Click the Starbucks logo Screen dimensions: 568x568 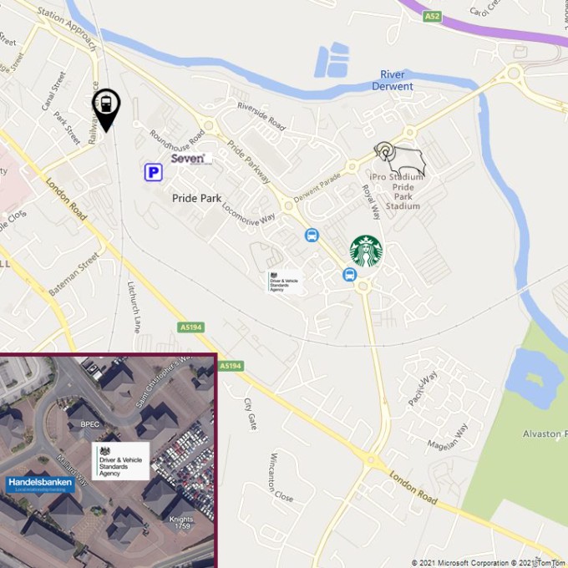tap(366, 251)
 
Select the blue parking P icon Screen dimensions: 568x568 tap(153, 172)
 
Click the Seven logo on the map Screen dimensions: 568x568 tap(189, 158)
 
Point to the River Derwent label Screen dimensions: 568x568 tap(392, 80)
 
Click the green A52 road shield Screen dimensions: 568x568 tap(431, 16)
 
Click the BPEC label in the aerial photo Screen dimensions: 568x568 tap(90, 424)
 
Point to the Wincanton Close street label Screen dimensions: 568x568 tap(281, 478)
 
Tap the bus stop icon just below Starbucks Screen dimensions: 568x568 tap(349, 275)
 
